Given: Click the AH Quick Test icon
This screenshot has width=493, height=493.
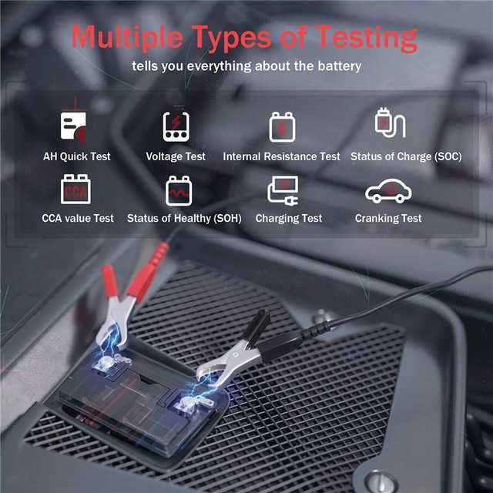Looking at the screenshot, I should coord(74,126).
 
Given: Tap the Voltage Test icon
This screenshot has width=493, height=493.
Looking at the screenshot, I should coord(176,126).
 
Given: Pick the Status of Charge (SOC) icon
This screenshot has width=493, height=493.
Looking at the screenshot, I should coord(389,123).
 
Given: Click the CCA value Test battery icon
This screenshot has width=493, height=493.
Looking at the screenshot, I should coord(75,189).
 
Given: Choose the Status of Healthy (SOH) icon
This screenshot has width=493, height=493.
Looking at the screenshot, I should coord(179,189).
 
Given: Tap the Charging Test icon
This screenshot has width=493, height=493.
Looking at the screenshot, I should coord(283,190).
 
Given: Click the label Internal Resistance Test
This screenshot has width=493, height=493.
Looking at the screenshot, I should coord(281,156).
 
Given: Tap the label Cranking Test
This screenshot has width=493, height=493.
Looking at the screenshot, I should coord(388,219).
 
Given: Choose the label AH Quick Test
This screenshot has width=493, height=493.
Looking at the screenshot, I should coord(77,156).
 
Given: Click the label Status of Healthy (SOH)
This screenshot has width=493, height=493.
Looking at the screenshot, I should coord(184,219).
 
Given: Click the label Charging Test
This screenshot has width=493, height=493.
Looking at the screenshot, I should coord(289,219).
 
